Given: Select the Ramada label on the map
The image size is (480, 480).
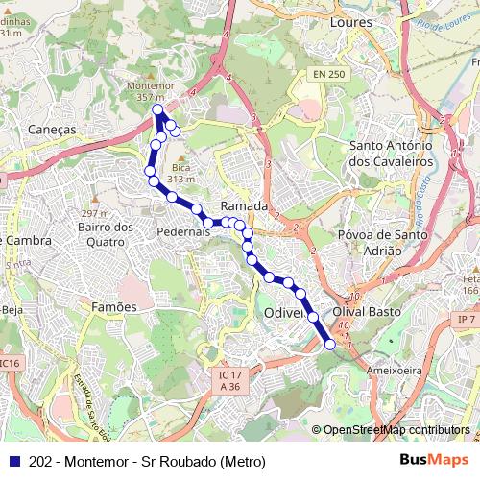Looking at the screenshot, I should (x=243, y=206).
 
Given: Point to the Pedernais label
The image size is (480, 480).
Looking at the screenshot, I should (x=182, y=232).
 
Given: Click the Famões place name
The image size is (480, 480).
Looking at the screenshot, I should (x=115, y=305).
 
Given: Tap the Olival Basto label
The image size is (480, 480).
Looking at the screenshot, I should (x=364, y=313).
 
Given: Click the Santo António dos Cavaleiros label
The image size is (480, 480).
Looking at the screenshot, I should (x=396, y=154).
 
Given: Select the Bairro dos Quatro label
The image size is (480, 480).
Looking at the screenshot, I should (x=106, y=234).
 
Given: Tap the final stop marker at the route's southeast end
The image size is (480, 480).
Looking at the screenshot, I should (x=331, y=344).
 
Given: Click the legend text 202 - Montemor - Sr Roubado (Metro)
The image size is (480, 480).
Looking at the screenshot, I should (x=147, y=461).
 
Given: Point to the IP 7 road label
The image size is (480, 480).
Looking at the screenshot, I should (x=467, y=318).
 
